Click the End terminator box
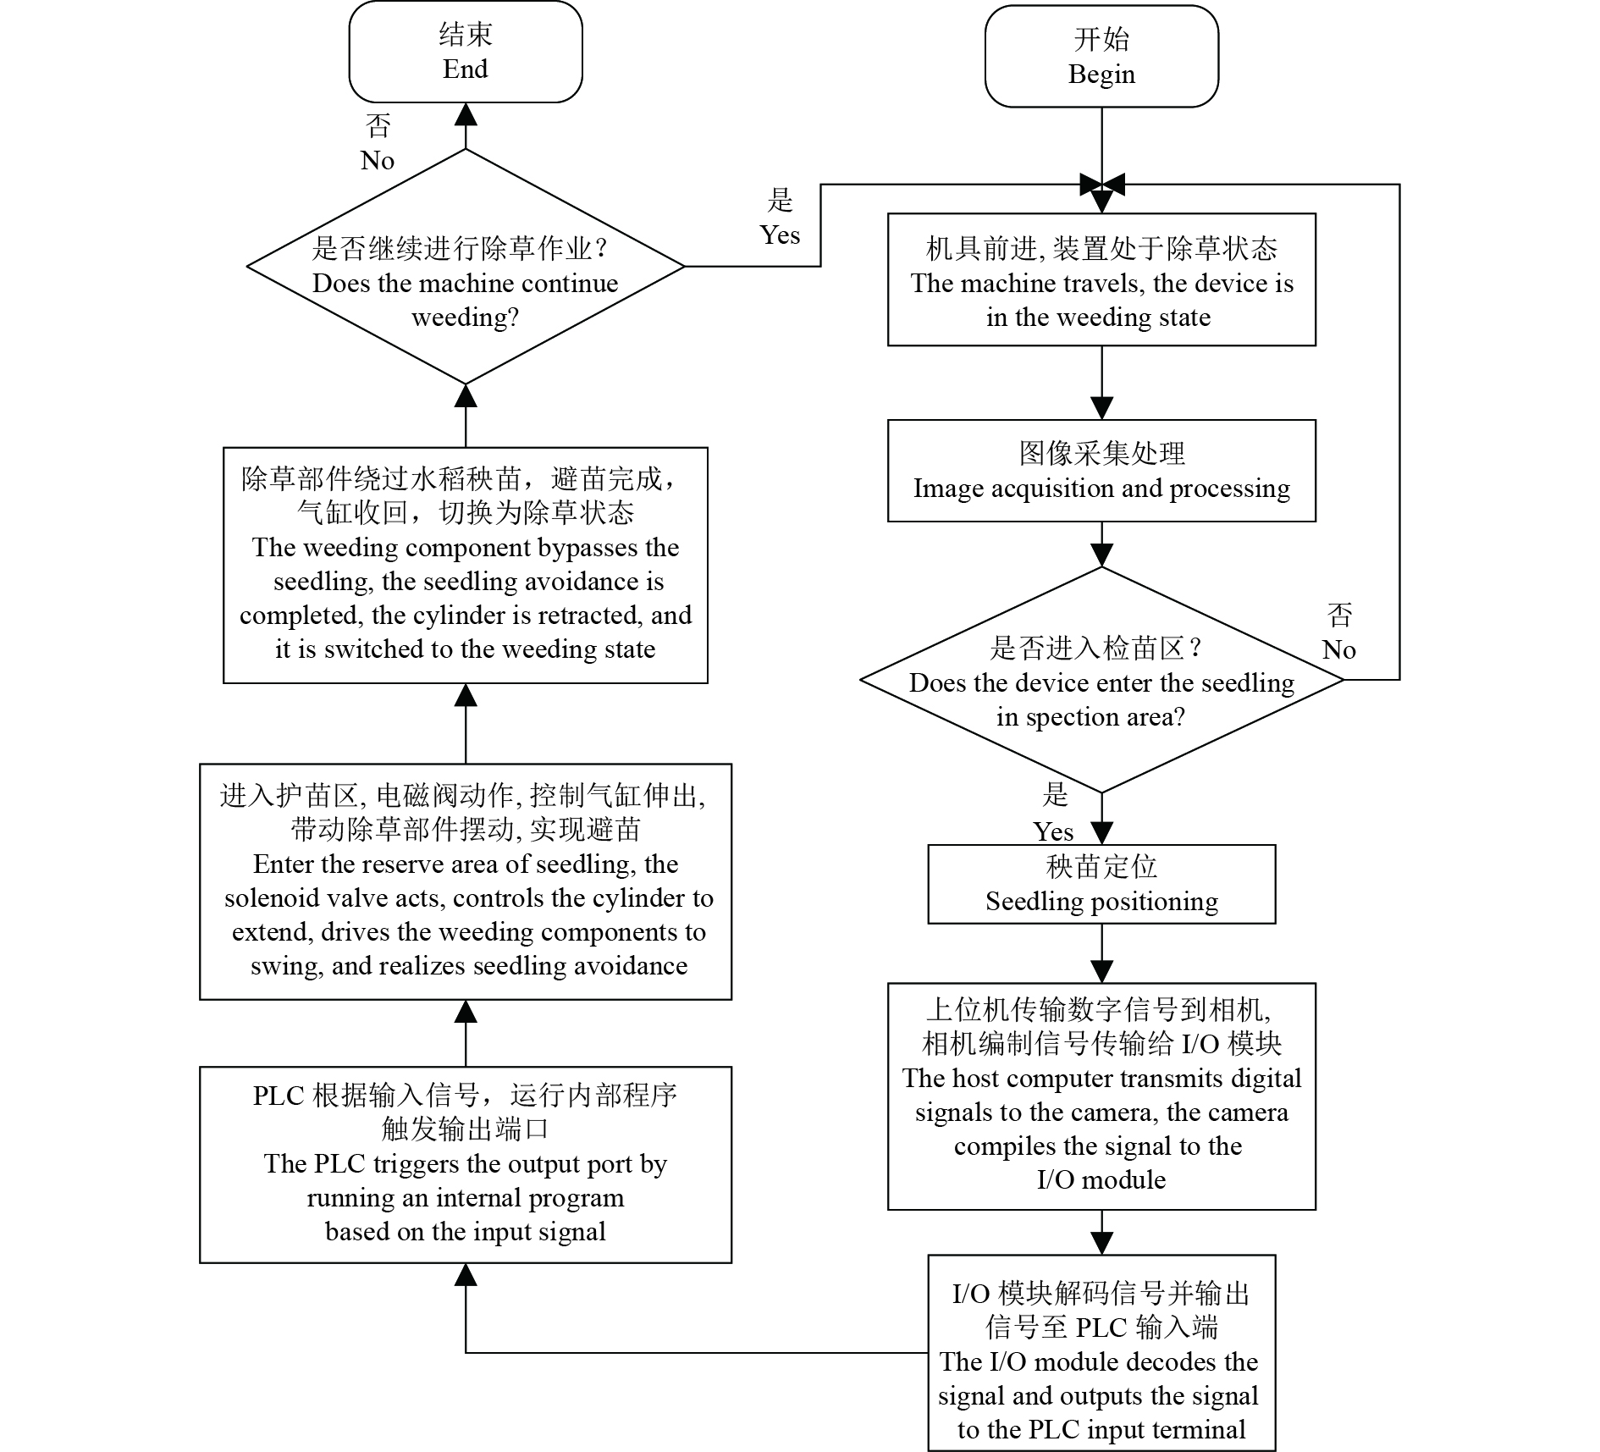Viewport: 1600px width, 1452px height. pyautogui.click(x=466, y=52)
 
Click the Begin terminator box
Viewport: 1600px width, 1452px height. pyautogui.click(x=1101, y=57)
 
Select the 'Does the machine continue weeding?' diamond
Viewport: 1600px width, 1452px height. pyautogui.click(x=466, y=267)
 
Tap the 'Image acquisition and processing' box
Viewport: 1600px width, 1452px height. pyautogui.click(x=1101, y=471)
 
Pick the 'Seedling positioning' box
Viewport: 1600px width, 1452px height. pyautogui.click(x=1101, y=884)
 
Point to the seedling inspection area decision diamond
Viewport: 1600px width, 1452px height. pyautogui.click(x=1101, y=680)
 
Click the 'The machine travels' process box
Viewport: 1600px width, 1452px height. pyautogui.click(x=1101, y=279)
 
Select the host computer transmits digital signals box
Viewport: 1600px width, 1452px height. pyautogui.click(x=1101, y=1096)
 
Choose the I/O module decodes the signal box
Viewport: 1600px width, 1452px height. pyautogui.click(x=1101, y=1353)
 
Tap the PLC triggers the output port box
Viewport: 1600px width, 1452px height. pyautogui.click(x=466, y=1165)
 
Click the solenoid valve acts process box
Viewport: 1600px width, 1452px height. pyautogui.click(x=466, y=882)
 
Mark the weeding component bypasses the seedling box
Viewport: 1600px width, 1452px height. pyautogui.click(x=466, y=566)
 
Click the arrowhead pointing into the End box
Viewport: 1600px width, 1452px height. pyautogui.click(x=466, y=114)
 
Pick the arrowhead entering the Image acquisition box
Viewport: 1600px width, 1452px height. pyautogui.click(x=1101, y=408)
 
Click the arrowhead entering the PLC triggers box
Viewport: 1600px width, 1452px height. pyautogui.click(x=466, y=1275)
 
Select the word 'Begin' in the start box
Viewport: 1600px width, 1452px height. pyautogui.click(x=1101, y=75)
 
